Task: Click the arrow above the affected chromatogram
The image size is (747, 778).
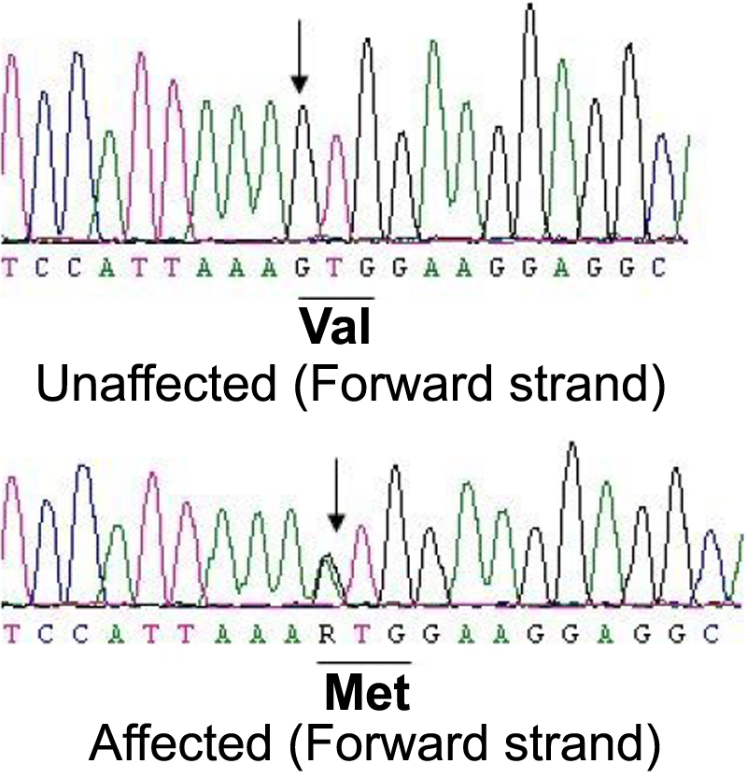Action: tap(336, 510)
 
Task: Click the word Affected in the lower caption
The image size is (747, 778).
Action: tap(184, 745)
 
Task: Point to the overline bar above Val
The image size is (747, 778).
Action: tap(335, 299)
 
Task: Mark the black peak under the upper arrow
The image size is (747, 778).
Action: tap(302, 117)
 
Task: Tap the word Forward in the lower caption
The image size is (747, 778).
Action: tap(400, 745)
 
